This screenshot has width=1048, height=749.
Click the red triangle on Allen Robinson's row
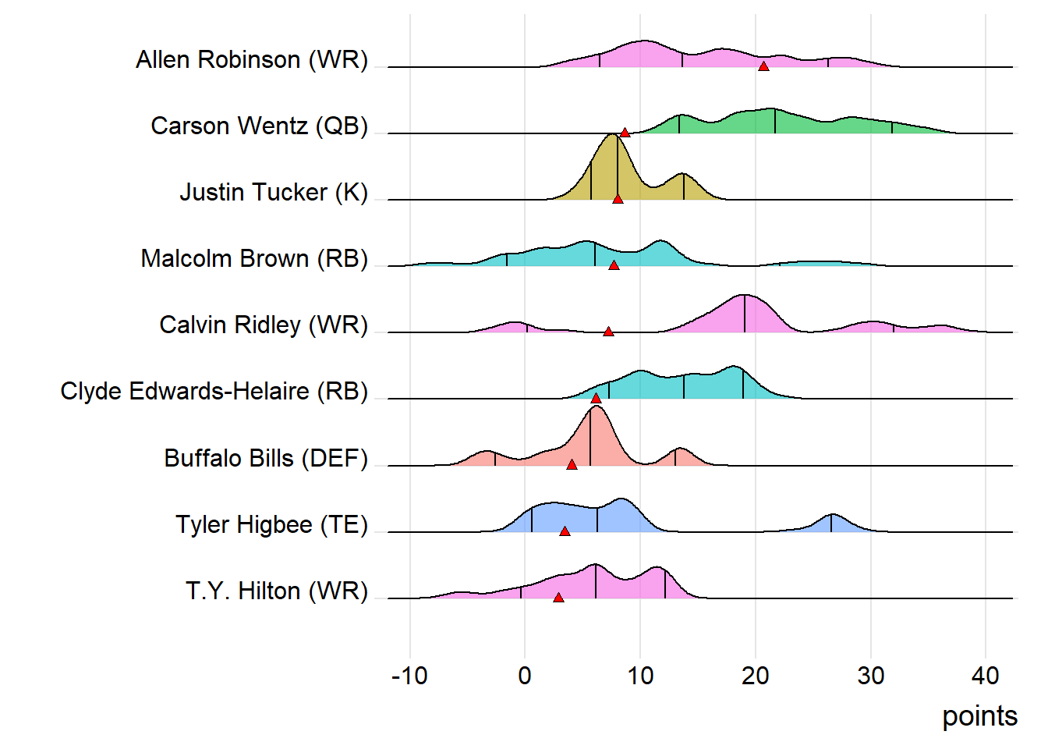(763, 66)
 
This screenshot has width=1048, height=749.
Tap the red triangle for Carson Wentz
(625, 133)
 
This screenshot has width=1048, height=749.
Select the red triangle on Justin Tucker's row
(618, 199)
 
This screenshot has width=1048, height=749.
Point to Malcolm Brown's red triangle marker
(614, 265)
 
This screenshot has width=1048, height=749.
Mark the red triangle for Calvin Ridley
(608, 332)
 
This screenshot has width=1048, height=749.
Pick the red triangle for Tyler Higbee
(565, 531)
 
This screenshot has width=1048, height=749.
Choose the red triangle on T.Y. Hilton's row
(558, 598)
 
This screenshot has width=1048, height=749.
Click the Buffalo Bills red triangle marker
(572, 465)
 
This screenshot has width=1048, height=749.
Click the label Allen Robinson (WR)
(251, 59)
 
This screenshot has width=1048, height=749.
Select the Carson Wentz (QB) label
(259, 126)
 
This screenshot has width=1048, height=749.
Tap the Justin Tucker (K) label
(273, 192)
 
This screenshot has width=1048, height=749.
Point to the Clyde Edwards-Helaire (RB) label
(214, 391)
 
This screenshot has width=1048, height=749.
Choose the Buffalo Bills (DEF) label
(265, 458)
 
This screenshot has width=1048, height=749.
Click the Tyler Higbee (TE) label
(271, 524)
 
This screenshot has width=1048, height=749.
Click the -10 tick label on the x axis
(409, 676)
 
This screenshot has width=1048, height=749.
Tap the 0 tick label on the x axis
(525, 676)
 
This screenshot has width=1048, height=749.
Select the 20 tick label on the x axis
(755, 676)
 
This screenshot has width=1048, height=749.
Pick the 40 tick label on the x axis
(985, 676)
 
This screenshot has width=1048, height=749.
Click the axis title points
(979, 716)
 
